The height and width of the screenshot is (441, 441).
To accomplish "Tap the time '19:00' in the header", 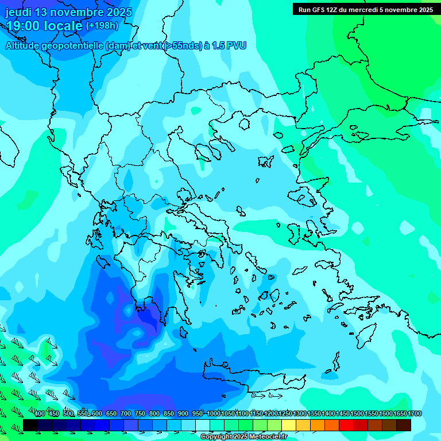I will pyautogui.click(x=24, y=26).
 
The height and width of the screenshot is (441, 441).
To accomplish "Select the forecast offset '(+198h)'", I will pyautogui.click(x=102, y=26).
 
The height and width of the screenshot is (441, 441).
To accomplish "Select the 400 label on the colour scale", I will pyautogui.click(x=40, y=414).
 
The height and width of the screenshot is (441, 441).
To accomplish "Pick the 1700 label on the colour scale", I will pyautogui.click(x=414, y=414).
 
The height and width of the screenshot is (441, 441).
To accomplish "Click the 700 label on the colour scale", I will pyautogui.click(x=126, y=414).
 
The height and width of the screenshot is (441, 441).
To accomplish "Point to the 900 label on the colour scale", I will pyautogui.click(x=183, y=414).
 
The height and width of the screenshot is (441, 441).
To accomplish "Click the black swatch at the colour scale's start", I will pyautogui.click(x=30, y=425).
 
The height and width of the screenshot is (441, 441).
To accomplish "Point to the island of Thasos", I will pyautogui.click(x=244, y=124).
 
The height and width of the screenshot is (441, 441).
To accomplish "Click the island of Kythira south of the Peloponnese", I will pyautogui.click(x=184, y=331).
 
